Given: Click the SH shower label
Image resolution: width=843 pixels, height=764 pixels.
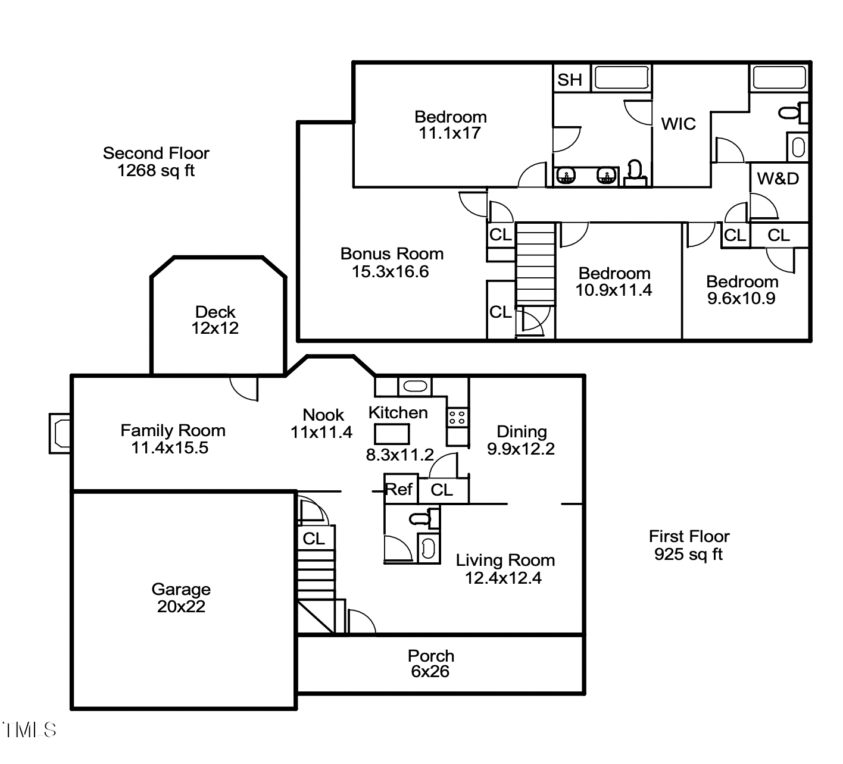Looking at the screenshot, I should (x=570, y=79).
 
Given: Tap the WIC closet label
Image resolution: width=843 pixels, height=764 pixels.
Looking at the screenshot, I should (x=678, y=124).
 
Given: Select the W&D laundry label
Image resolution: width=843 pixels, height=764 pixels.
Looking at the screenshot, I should (x=778, y=179).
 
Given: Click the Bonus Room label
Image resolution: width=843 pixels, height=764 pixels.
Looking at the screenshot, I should (x=392, y=262).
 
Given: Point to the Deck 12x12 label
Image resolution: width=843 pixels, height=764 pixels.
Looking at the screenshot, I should (x=215, y=320).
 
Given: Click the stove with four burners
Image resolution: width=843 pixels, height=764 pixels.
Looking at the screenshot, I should (x=457, y=417).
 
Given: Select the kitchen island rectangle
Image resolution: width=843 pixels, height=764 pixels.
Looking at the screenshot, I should (x=391, y=433).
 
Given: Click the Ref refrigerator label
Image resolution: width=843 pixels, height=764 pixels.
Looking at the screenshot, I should (x=399, y=489).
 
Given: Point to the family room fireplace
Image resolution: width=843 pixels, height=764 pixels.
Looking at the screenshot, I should (x=60, y=433).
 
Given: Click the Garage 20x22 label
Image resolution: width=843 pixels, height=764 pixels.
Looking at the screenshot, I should (x=181, y=597).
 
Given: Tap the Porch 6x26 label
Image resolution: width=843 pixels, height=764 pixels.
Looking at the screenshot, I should (x=430, y=663).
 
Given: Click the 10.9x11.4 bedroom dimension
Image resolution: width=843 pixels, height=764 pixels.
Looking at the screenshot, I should (x=614, y=290).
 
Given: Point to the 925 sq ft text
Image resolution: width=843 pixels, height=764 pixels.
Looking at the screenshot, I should (x=688, y=555).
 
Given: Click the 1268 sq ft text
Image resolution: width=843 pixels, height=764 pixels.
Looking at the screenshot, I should (x=156, y=171).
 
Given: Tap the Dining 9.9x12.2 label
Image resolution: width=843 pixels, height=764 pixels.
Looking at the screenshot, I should (x=521, y=440).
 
